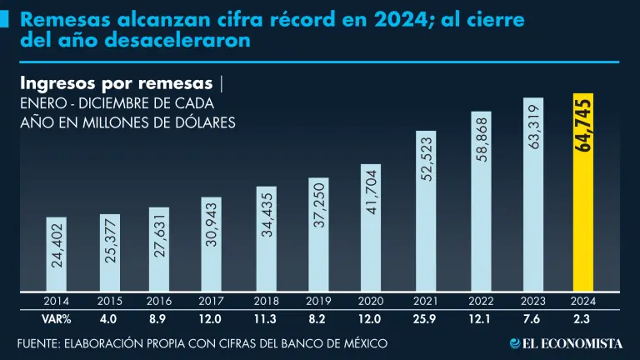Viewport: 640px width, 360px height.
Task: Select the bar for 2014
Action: click(x=56, y=254)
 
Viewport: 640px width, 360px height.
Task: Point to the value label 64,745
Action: click(x=583, y=125)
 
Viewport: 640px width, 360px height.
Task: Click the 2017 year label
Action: click(x=212, y=302)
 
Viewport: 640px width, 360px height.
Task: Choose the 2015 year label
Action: click(x=109, y=302)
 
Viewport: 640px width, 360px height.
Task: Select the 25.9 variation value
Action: click(x=426, y=317)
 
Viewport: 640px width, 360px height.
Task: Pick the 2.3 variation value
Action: click(x=583, y=317)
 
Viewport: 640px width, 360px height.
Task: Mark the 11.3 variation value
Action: click(x=265, y=317)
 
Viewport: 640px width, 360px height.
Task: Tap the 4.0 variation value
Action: click(x=109, y=317)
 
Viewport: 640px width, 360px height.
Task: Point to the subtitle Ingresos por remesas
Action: click(x=116, y=84)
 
